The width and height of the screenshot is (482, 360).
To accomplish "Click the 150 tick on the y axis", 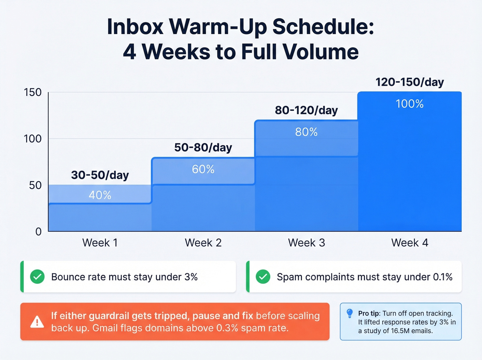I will (33, 92).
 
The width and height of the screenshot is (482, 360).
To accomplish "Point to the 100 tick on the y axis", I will (33, 139).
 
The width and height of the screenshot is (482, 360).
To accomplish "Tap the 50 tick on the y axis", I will (35, 185).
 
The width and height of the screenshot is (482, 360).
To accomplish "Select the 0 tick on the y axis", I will (39, 232).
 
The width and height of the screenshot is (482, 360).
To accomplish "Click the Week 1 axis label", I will (100, 243).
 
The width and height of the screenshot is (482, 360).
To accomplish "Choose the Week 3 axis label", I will (306, 243).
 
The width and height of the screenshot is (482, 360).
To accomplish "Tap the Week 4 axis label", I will (410, 243).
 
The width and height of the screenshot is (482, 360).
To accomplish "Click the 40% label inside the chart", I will (100, 195).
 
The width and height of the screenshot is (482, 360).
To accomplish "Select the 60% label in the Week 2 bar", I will (203, 169).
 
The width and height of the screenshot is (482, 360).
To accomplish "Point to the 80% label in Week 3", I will (306, 132).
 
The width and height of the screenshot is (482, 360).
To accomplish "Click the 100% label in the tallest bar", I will (410, 104).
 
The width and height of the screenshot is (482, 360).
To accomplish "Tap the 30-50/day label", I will (100, 175).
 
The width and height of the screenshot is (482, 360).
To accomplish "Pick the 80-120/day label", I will (306, 110).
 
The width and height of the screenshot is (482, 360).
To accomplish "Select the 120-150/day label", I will (410, 82).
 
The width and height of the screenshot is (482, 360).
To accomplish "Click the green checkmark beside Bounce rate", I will (37, 277).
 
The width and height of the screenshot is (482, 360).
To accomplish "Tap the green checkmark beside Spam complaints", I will (263, 277).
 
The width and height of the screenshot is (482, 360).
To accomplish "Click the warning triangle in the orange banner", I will (37, 322).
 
